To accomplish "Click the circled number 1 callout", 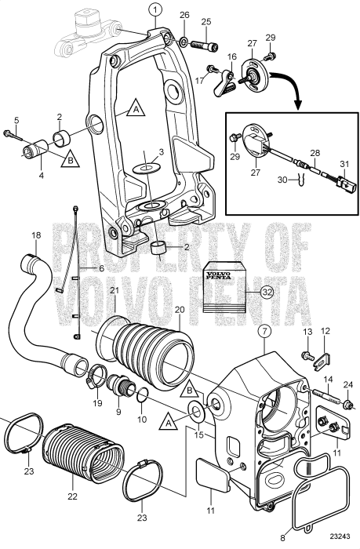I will [155, 10].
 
